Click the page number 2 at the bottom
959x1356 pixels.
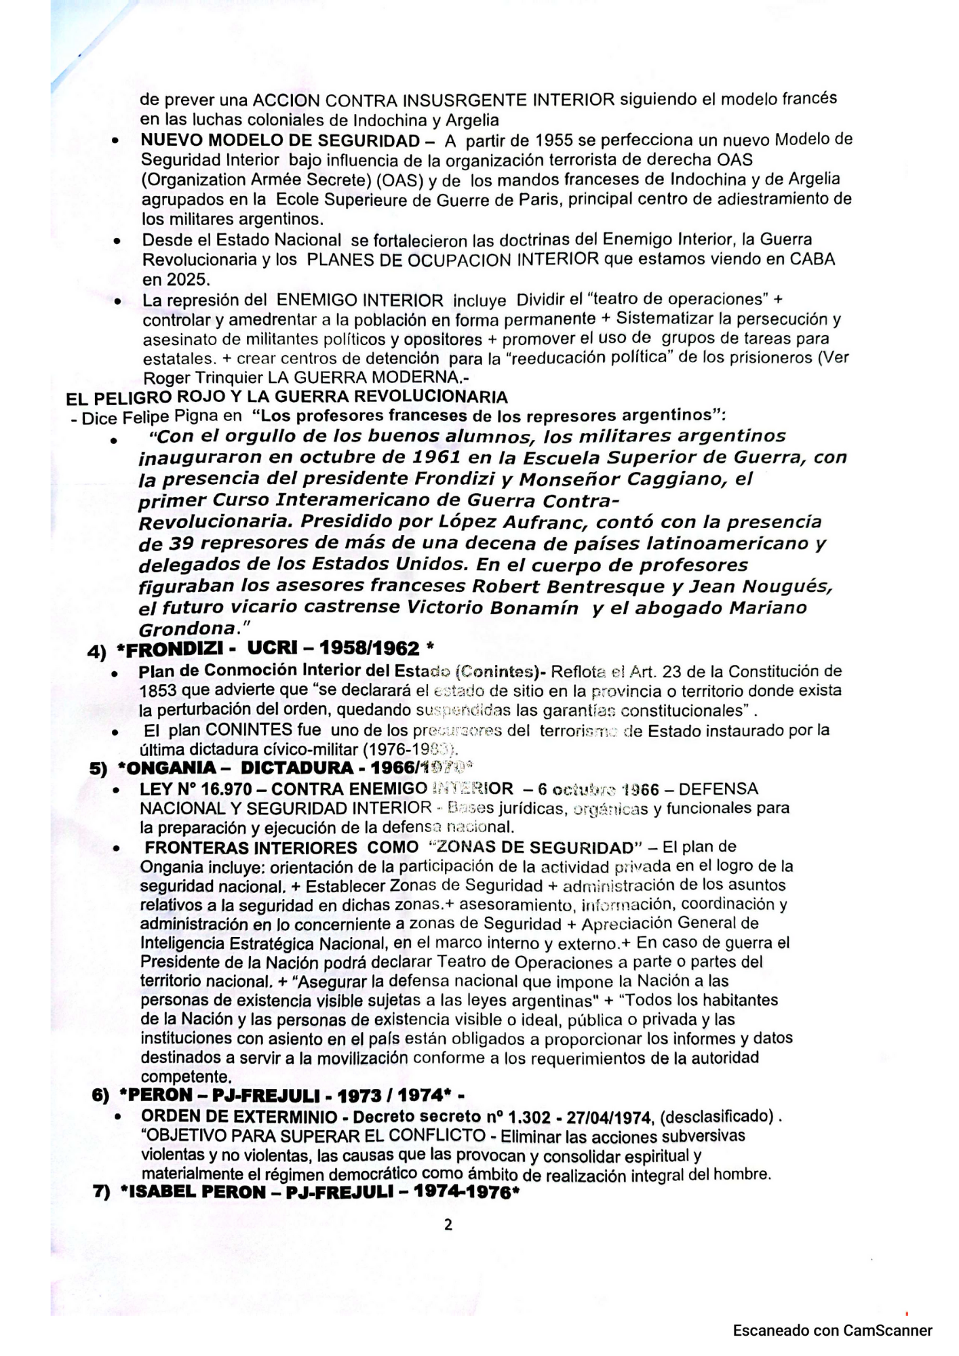pos(448,1224)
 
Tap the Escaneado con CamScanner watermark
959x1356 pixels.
pos(832,1330)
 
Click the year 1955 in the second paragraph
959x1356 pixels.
pos(557,140)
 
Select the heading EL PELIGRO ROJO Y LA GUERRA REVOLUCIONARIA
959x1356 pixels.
pos(287,397)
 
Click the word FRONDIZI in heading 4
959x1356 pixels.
pos(176,649)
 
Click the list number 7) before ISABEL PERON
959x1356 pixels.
pos(102,1192)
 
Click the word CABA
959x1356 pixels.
pos(811,259)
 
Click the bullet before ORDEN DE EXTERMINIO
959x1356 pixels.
pos(119,1118)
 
